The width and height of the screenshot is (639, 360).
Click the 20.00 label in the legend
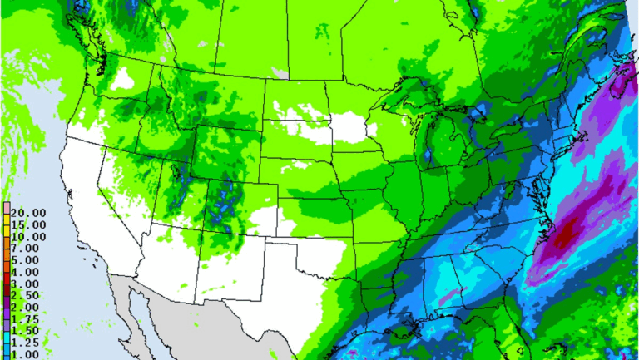click(24, 212)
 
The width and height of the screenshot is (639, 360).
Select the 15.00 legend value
click(24, 224)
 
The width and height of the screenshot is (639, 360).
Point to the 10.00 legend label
click(24, 235)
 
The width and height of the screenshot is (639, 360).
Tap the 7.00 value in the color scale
click(24, 248)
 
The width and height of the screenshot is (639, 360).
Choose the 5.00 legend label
click(24, 259)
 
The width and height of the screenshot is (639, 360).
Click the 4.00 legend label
click(24, 271)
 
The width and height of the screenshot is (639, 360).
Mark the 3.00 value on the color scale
click(24, 284)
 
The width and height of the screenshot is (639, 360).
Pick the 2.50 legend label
click(24, 295)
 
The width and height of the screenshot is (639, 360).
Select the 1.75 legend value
click(24, 319)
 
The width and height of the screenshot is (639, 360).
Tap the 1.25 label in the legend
click(24, 343)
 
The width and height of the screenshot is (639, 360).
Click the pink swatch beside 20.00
click(7, 212)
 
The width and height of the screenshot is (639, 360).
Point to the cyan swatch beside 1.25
click(7, 343)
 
